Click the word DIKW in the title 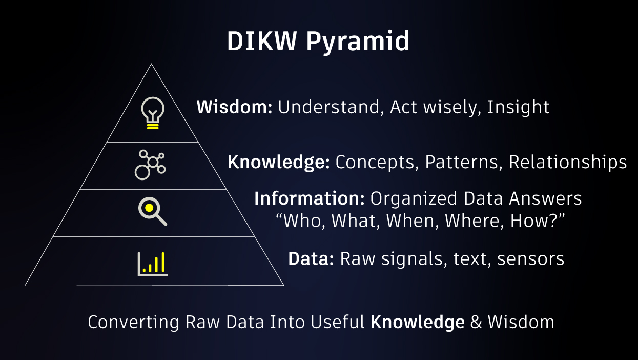click(262, 41)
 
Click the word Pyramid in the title click(358, 42)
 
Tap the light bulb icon click(153, 113)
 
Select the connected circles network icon click(150, 165)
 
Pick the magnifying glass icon click(153, 211)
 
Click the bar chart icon click(153, 264)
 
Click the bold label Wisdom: click(234, 107)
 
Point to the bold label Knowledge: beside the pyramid click(279, 163)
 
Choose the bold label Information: click(310, 198)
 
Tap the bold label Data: click(311, 259)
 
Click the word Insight click(518, 108)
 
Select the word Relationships click(568, 163)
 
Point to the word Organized click(414, 199)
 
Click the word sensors click(530, 259)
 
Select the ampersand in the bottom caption click(476, 322)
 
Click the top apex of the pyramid click(151, 64)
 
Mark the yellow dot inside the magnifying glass click(149, 208)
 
